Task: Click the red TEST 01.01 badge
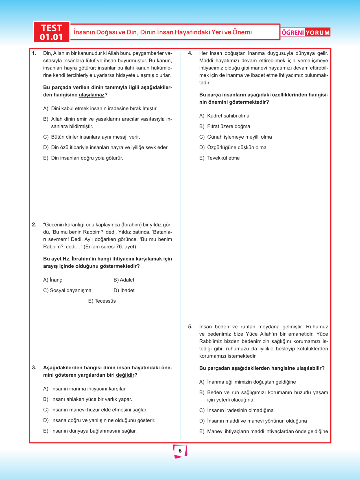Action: tap(51, 32)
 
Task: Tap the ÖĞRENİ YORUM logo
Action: tap(306, 32)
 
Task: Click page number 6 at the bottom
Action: tap(180, 451)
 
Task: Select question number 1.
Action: tap(34, 53)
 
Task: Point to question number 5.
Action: tap(190, 327)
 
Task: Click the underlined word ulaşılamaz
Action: tap(91, 95)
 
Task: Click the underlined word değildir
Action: tap(125, 375)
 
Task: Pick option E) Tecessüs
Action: tap(102, 301)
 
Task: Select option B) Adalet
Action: tap(124, 280)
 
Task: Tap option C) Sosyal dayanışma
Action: tap(67, 290)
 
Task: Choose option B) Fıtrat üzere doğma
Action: tap(224, 126)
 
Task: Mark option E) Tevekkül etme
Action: tap(219, 158)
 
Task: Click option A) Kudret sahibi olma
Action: tap(224, 116)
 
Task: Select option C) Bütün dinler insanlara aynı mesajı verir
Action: tap(91, 137)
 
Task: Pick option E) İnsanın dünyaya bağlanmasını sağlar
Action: tap(90, 431)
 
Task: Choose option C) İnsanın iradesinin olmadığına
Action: tap(236, 410)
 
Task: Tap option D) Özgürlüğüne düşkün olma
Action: tap(233, 147)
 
